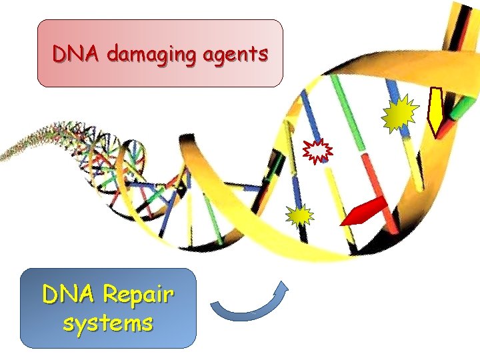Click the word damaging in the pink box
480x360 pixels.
pyautogui.click(x=146, y=54)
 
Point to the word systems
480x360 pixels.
pyautogui.click(x=108, y=323)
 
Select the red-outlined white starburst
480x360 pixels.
pyautogui.click(x=319, y=151)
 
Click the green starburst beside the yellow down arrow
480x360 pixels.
pyautogui.click(x=400, y=115)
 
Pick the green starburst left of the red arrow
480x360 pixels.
pyautogui.click(x=300, y=216)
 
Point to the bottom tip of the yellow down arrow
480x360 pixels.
pyautogui.click(x=437, y=135)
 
